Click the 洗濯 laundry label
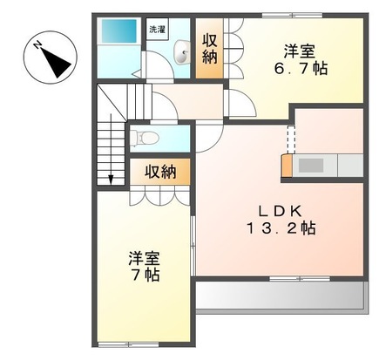(157, 30)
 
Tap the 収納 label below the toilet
(160, 172)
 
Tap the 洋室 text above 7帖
(146, 259)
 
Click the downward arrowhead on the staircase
(112, 180)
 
